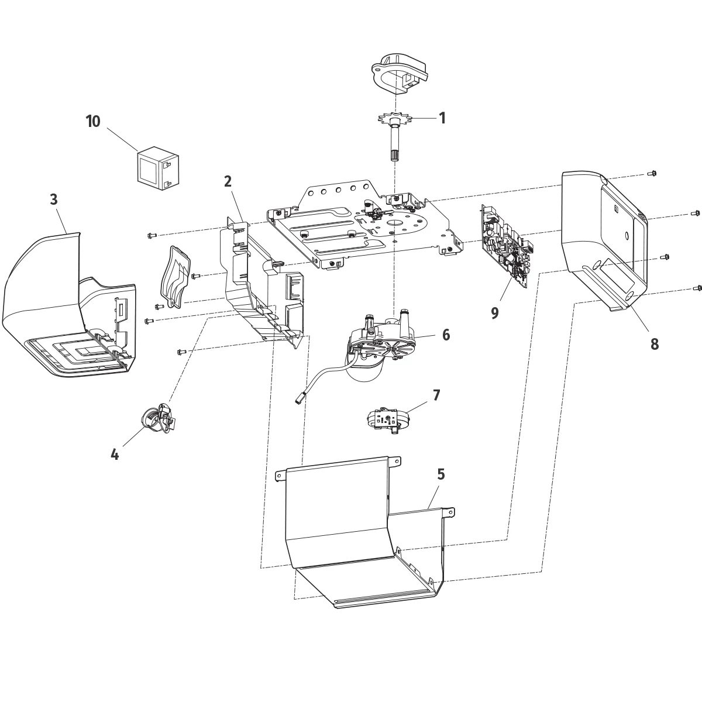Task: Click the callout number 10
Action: coord(93,121)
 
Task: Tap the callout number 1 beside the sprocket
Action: coord(442,118)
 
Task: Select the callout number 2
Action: coord(228,181)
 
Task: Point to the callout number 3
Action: coord(54,199)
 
